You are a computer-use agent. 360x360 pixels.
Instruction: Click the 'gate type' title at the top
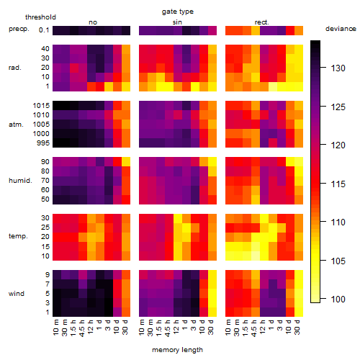[178, 12]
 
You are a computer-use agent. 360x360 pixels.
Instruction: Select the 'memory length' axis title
[177, 350]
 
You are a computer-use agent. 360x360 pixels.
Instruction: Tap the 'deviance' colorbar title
[341, 29]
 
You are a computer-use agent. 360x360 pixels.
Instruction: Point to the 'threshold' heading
[40, 17]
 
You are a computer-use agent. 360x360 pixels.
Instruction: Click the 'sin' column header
[177, 22]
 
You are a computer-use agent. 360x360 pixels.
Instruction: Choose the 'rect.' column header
[261, 22]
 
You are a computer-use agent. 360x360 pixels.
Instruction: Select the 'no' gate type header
[93, 22]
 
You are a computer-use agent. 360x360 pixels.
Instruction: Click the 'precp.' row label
[19, 29]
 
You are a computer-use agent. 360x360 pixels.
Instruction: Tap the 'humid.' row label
[20, 181]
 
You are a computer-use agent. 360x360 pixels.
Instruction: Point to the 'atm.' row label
[16, 125]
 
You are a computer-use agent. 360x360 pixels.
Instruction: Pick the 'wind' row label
[17, 294]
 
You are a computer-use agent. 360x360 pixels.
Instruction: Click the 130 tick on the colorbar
[338, 68]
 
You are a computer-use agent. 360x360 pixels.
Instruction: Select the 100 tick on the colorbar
[338, 299]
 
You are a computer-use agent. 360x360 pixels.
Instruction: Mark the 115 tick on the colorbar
[338, 184]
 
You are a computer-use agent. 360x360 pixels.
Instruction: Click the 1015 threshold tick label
[41, 106]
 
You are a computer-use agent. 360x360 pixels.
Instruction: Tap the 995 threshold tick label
[43, 143]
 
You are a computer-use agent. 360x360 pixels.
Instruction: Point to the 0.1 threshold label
[44, 30]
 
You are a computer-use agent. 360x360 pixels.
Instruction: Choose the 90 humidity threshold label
[45, 162]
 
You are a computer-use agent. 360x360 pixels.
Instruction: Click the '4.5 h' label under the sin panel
[168, 328]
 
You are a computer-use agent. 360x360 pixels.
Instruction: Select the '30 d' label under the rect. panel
[297, 328]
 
